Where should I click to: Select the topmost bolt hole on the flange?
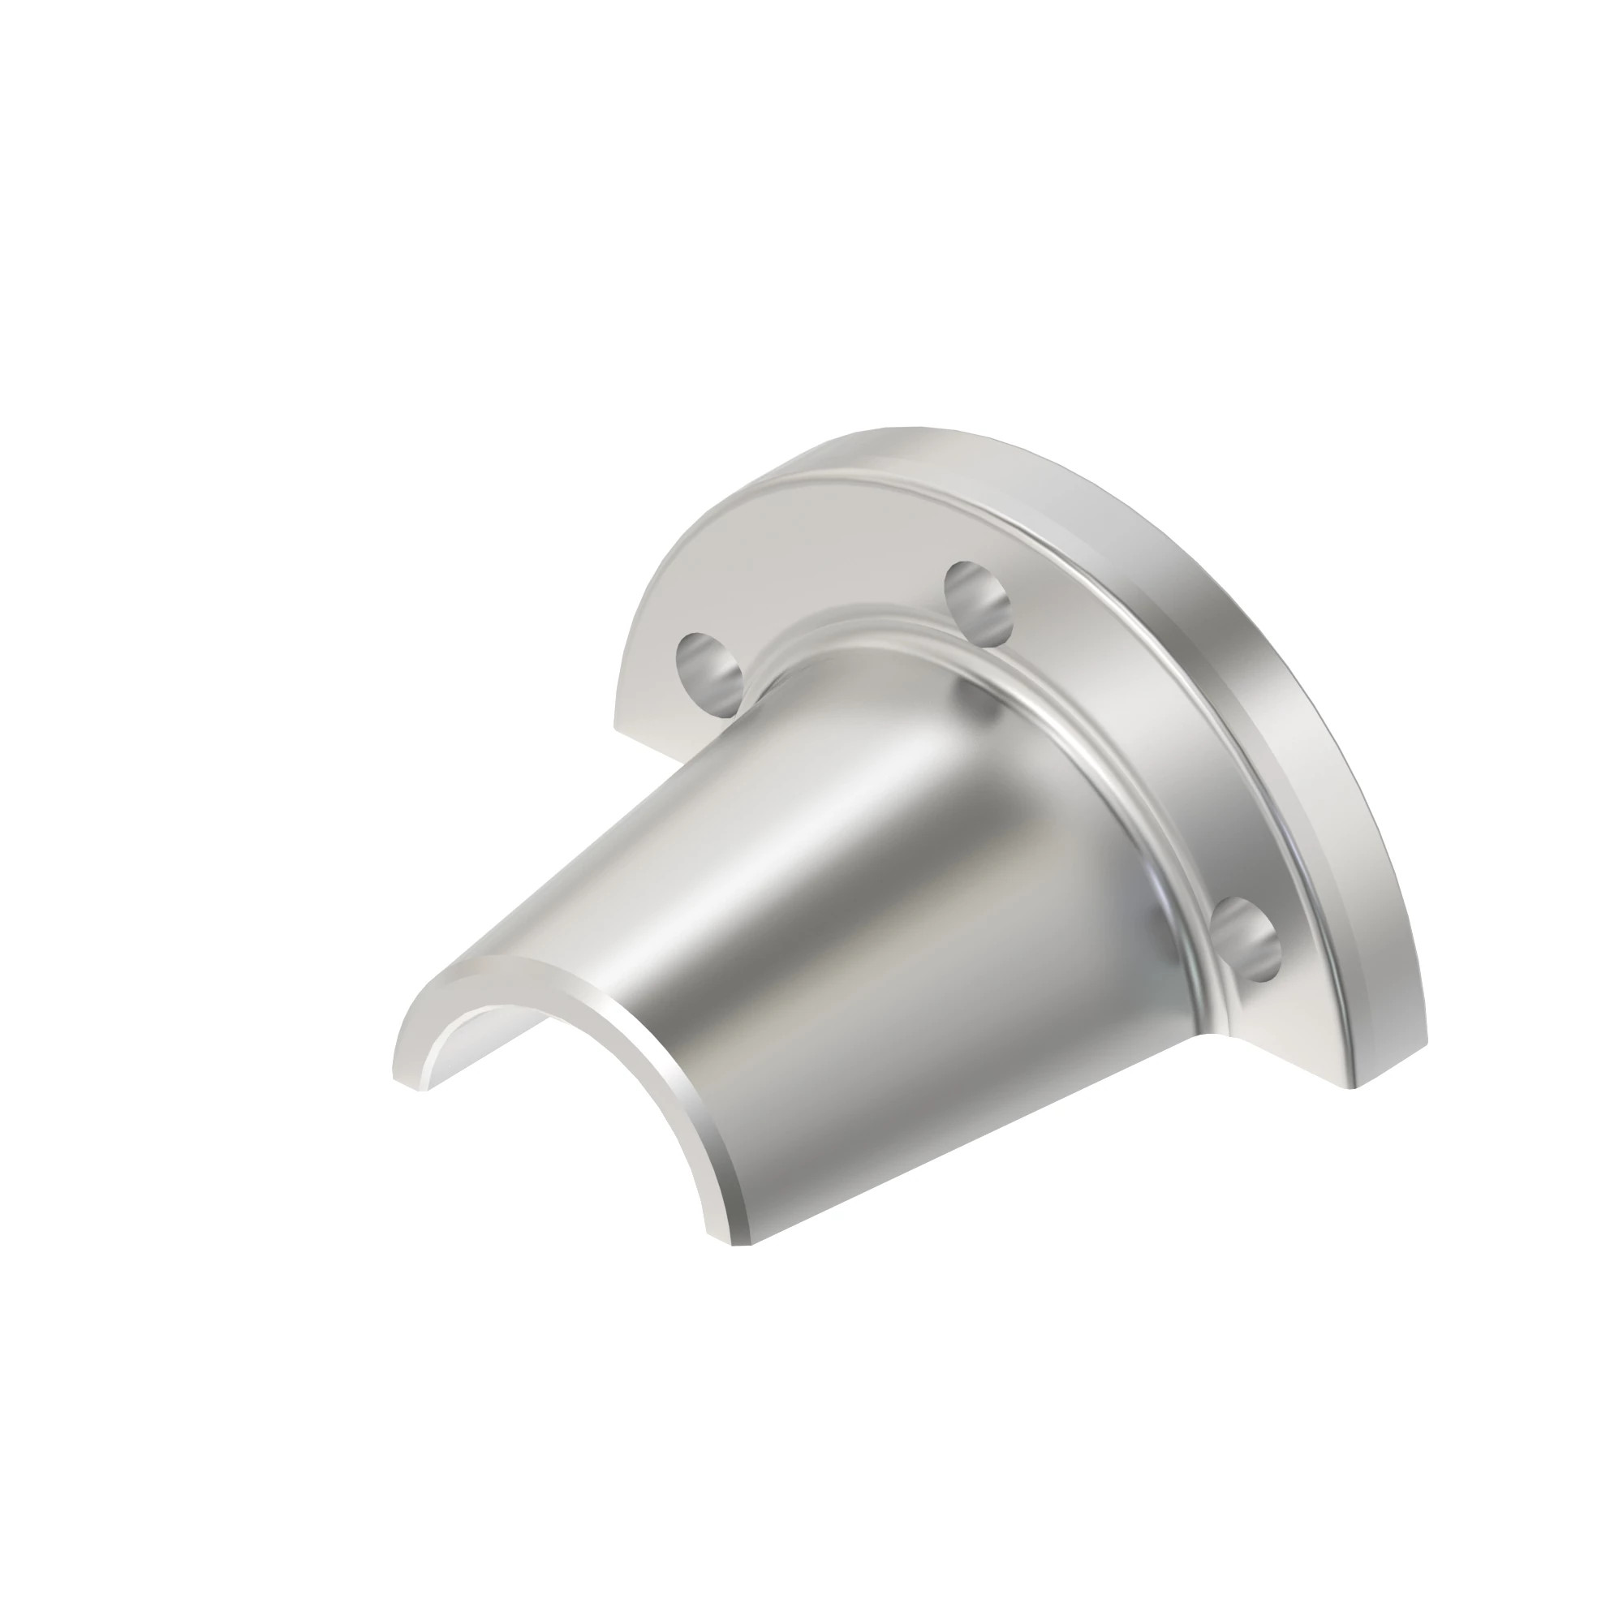coord(977,599)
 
